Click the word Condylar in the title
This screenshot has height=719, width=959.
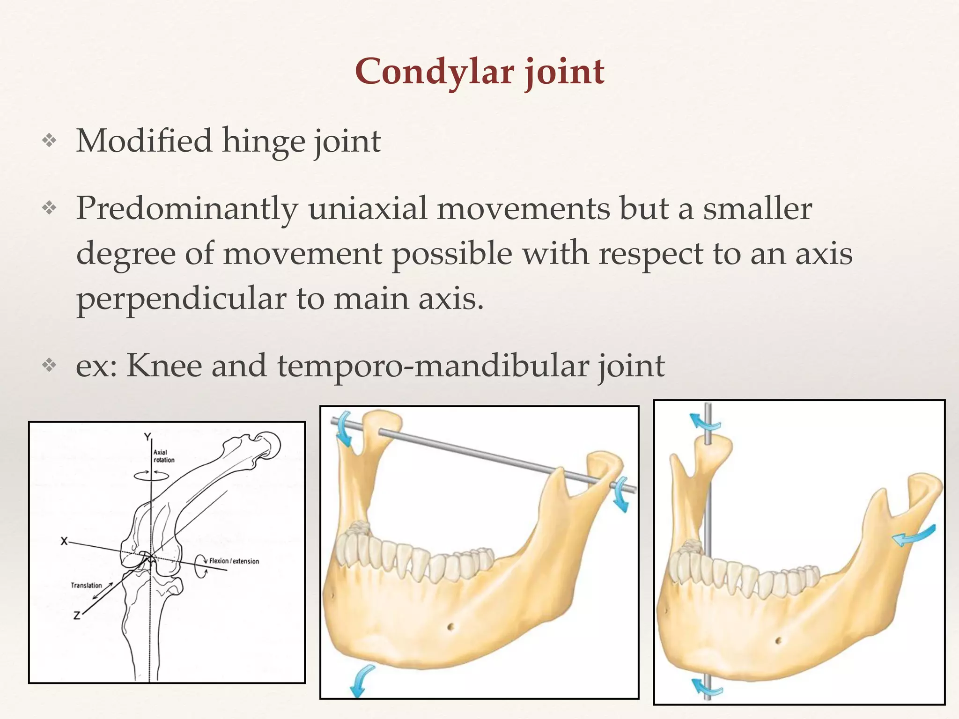click(x=434, y=72)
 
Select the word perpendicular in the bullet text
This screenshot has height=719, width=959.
click(x=181, y=298)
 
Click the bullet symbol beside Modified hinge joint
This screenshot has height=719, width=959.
click(x=49, y=141)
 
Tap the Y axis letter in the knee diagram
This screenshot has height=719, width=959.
click(x=148, y=437)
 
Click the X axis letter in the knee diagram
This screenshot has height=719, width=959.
click(x=65, y=541)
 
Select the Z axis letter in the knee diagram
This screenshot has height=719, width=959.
click(x=77, y=616)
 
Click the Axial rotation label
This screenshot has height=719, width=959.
click(x=164, y=456)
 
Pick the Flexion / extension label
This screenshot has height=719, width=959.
click(x=234, y=561)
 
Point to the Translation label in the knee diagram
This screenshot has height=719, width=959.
click(x=86, y=585)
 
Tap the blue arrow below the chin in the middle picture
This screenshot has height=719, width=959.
click(x=361, y=681)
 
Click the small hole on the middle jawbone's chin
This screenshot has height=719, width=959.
click(x=450, y=626)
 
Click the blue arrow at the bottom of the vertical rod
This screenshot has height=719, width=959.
click(x=707, y=688)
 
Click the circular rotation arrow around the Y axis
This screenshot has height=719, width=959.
click(x=151, y=476)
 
